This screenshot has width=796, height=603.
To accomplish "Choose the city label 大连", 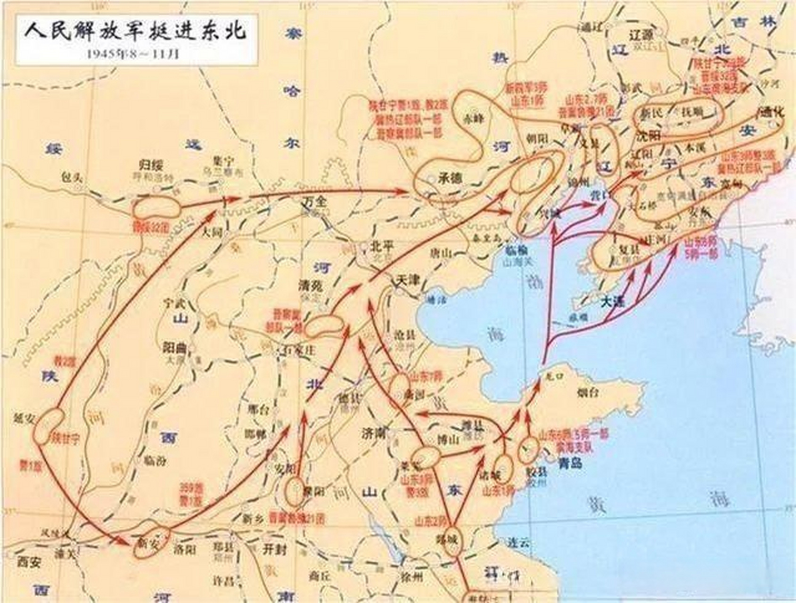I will coord(613,302).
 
